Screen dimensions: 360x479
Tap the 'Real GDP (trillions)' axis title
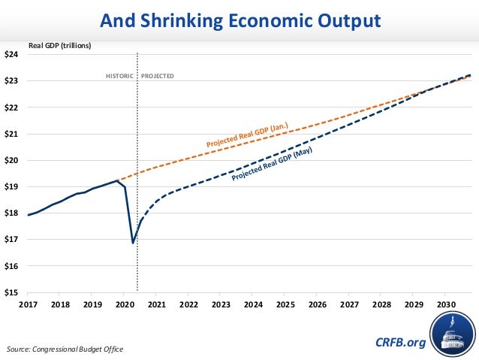(x=59, y=46)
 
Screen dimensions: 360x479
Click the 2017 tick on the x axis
(x=28, y=304)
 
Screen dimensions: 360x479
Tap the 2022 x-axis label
(x=188, y=304)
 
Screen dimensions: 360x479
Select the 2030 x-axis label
(x=444, y=304)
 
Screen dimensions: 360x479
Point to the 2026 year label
(x=317, y=304)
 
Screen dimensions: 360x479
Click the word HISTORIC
(x=119, y=76)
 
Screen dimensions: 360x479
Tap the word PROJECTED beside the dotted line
(x=158, y=76)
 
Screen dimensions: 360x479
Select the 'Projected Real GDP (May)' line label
(x=272, y=165)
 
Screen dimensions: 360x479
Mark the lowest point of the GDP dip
(x=133, y=243)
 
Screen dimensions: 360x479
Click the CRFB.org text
(x=399, y=343)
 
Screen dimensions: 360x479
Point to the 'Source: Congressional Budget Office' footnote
(x=65, y=349)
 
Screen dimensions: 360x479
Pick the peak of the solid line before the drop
(x=117, y=180)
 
